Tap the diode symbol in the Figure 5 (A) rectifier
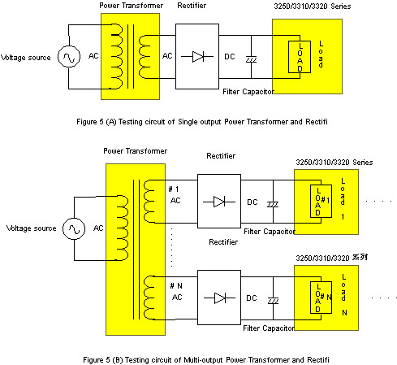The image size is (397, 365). (197, 57)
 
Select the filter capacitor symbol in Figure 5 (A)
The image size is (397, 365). (251, 59)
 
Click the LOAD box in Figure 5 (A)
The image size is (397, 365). (300, 57)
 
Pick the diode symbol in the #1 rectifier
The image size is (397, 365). (219, 202)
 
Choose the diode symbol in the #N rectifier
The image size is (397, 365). (220, 298)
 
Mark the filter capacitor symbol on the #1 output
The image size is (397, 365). (273, 205)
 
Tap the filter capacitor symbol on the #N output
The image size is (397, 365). (274, 301)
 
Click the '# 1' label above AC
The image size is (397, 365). (174, 189)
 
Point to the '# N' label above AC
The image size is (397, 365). (176, 285)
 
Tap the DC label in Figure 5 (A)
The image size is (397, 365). (230, 57)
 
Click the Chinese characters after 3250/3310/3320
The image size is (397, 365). (360, 257)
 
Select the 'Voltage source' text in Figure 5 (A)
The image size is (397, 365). (26, 58)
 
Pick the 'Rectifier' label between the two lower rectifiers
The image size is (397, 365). (223, 242)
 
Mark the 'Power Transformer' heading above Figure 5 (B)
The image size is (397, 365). (136, 151)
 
